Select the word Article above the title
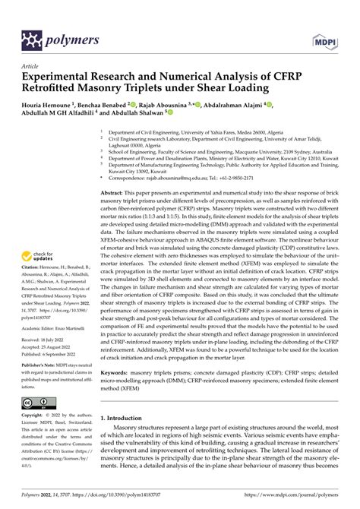pos(30,66)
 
